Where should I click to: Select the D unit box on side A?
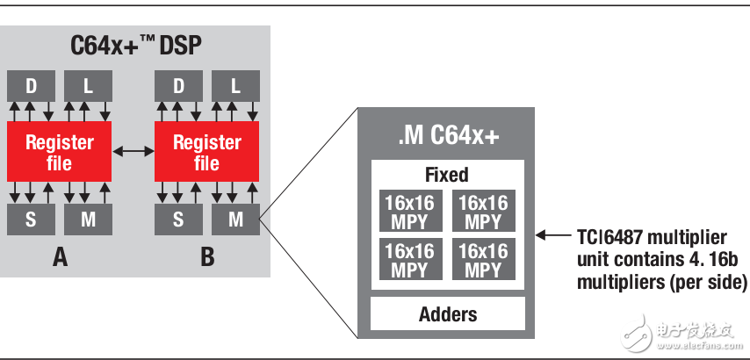(x=31, y=86)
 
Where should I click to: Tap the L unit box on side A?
(x=88, y=86)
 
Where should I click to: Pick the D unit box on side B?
(x=178, y=86)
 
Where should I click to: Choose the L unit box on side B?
(x=235, y=86)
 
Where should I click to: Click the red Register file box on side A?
(x=59, y=152)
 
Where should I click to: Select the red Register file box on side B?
(x=206, y=152)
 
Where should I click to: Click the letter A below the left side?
(x=60, y=258)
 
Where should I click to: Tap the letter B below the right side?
(x=207, y=258)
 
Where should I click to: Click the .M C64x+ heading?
(x=447, y=135)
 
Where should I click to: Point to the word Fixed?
(x=447, y=175)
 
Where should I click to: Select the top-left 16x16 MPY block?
(x=409, y=211)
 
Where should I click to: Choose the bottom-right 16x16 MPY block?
(x=484, y=259)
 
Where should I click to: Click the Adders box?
(x=447, y=313)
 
